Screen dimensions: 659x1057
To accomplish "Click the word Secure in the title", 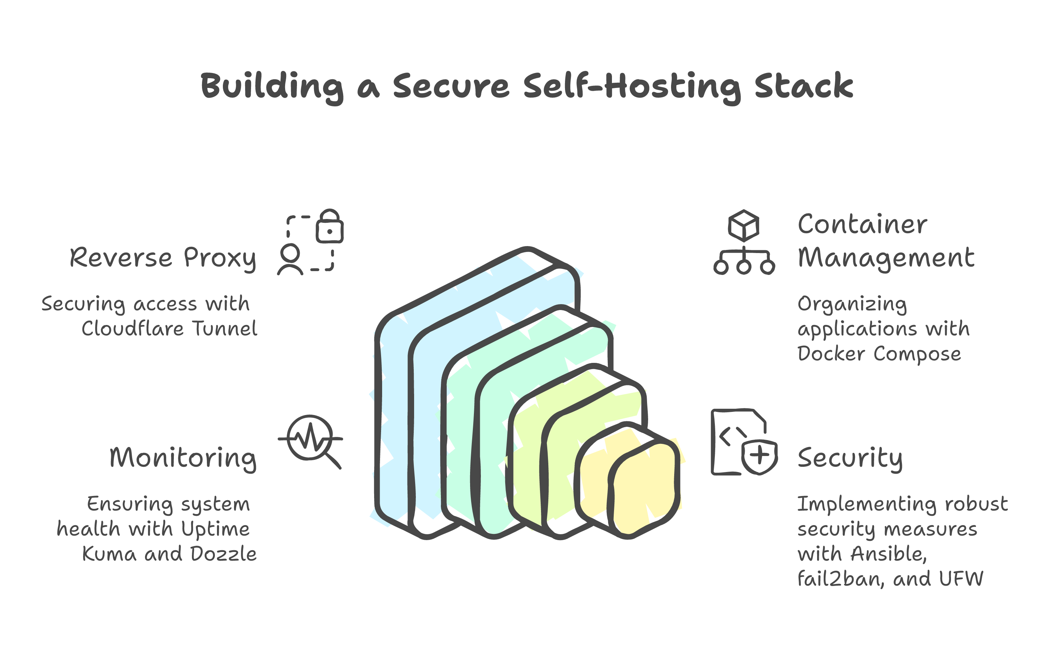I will [451, 86].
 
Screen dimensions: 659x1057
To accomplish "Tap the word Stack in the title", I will [803, 86].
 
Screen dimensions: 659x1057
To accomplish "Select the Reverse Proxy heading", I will [163, 258].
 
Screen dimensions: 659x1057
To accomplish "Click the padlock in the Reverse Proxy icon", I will [330, 227].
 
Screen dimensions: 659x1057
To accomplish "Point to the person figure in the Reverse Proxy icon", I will [290, 260].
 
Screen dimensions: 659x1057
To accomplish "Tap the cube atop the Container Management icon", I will [744, 225].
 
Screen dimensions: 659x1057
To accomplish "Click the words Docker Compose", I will [879, 354].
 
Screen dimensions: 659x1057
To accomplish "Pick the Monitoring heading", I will [183, 458].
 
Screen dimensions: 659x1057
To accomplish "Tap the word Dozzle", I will [223, 554].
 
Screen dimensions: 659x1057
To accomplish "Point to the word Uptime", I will [215, 529].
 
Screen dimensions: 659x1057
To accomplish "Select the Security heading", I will [849, 458].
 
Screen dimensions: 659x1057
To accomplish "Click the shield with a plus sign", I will [760, 456].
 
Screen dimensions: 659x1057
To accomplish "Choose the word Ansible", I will [888, 554].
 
